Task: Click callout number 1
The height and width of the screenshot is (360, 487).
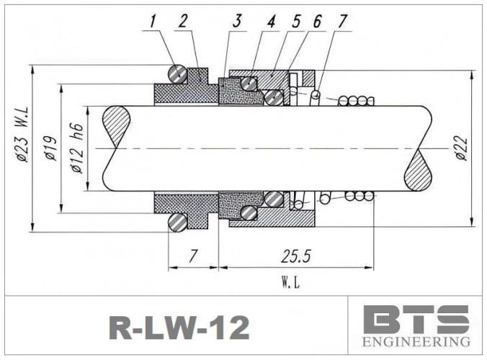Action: click(x=153, y=22)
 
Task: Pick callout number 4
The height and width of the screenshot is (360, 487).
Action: click(x=272, y=22)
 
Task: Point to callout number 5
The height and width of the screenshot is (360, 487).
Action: click(x=295, y=22)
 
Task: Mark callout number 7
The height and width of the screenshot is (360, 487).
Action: click(x=341, y=22)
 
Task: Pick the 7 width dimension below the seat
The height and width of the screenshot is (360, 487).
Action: click(x=192, y=256)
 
